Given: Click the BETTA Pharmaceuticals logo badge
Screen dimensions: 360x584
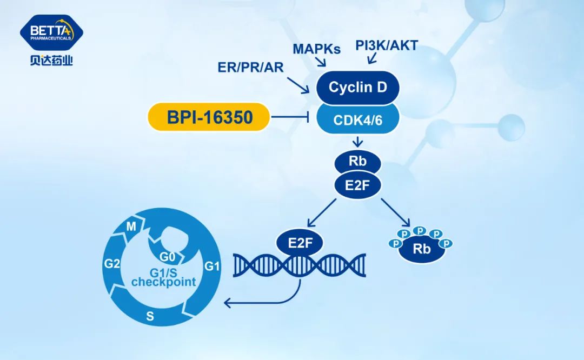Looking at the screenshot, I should (x=51, y=32).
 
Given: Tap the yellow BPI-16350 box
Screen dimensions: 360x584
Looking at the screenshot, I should (x=209, y=117).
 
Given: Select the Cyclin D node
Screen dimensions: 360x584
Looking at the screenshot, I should (x=357, y=87).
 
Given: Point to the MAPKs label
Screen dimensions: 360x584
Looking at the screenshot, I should (x=317, y=49).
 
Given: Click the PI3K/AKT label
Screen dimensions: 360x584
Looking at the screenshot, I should (x=387, y=45).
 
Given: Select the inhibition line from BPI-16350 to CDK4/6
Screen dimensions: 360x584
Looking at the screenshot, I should (x=289, y=117).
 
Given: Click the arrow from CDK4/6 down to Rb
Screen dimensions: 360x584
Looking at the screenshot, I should (x=357, y=142).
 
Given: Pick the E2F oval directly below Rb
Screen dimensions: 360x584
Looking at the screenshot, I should (x=357, y=185).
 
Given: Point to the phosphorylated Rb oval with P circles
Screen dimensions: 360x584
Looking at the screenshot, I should (x=421, y=249).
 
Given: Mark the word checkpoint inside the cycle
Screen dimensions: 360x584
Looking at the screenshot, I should (x=163, y=282).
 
